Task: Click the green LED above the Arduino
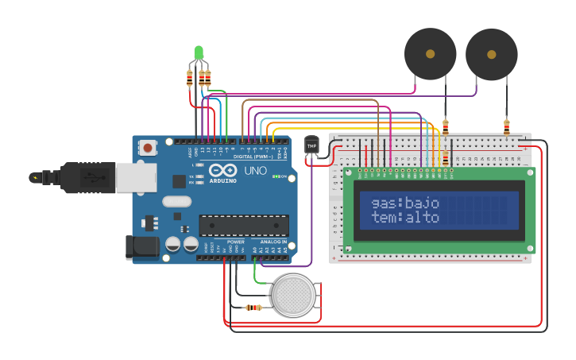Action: point(199,52)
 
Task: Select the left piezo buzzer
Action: point(430,54)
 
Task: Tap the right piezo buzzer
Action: point(491,55)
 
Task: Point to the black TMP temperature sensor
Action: point(311,146)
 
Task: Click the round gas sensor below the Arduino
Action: point(292,295)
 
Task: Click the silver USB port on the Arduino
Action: point(136,178)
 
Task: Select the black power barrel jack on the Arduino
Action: point(142,247)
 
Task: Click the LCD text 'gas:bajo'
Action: point(405,203)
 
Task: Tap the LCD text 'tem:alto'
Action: point(405,217)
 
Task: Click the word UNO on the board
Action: point(255,171)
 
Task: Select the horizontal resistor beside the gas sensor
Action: point(253,308)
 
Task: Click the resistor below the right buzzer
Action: point(506,126)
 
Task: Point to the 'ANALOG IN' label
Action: point(273,242)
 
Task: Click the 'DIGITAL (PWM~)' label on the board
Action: point(253,157)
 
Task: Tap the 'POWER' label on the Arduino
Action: point(235,242)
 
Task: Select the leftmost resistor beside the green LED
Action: point(189,78)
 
